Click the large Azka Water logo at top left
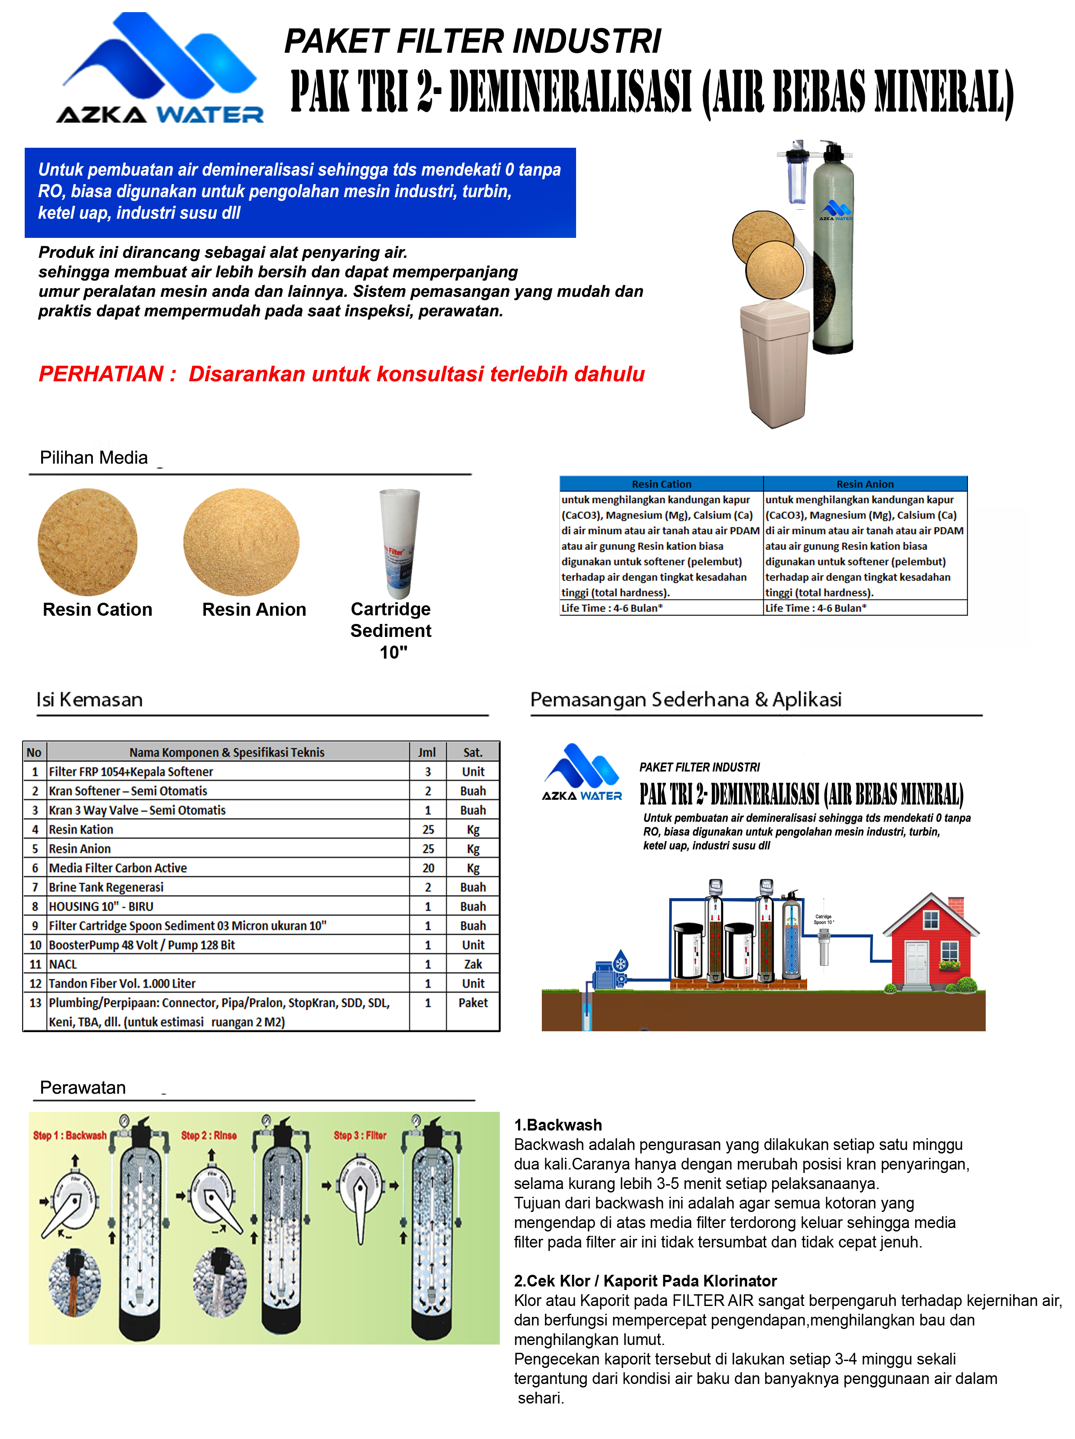coord(160,68)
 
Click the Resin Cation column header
coord(661,484)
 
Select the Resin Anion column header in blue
coord(865,484)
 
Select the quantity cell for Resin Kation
coord(427,829)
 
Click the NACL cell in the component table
coord(63,964)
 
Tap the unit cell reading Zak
coord(473,964)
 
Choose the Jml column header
coord(427,752)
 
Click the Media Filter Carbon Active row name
coord(118,868)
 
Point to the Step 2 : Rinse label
coord(209,1135)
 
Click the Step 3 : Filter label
coord(360,1135)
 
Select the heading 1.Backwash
coord(558,1125)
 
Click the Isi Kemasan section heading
coord(89,700)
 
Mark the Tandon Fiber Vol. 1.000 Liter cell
coord(122,984)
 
